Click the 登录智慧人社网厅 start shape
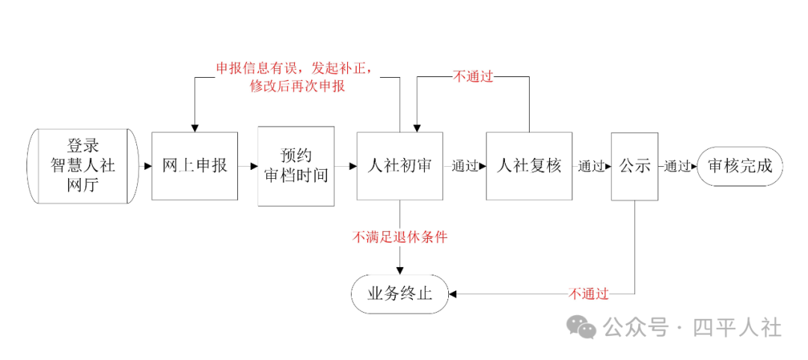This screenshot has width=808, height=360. pyautogui.click(x=83, y=166)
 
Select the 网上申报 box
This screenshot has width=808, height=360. pyautogui.click(x=195, y=166)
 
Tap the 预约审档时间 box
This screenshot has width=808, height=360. pyautogui.click(x=296, y=166)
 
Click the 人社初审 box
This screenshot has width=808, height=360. pyautogui.click(x=400, y=166)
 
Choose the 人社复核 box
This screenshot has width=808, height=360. pyautogui.click(x=529, y=166)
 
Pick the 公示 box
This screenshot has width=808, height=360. pyautogui.click(x=634, y=166)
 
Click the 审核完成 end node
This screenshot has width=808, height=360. pyautogui.click(x=740, y=166)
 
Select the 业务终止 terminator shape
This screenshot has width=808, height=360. pyautogui.click(x=400, y=294)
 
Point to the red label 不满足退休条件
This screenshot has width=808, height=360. pyautogui.click(x=400, y=237)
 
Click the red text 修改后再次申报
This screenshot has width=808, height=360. pyautogui.click(x=297, y=86)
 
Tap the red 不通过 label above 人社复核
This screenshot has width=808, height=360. pyautogui.click(x=473, y=77)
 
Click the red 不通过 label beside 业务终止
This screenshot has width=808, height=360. pyautogui.click(x=589, y=294)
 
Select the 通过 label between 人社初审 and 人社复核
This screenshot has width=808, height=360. pyautogui.click(x=465, y=166)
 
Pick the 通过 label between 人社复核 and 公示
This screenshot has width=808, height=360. pyautogui.click(x=591, y=166)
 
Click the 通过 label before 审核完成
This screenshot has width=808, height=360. pyautogui.click(x=677, y=166)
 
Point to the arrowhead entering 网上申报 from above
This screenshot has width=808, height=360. pyautogui.click(x=195, y=128)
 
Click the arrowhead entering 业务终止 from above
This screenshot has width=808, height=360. pyautogui.click(x=400, y=270)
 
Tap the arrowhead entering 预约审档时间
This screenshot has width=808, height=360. pyautogui.click(x=254, y=166)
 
